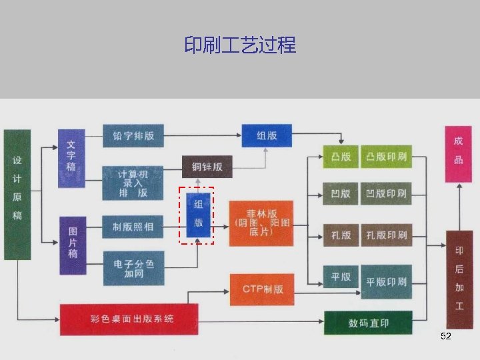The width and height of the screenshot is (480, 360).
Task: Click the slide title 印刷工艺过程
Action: coord(240,45)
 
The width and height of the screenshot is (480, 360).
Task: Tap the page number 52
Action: coord(446,337)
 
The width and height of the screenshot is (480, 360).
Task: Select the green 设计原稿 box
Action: coord(17,194)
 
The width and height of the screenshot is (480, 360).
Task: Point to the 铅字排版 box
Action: coord(133,135)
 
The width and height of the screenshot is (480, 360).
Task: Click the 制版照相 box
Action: coord(133,227)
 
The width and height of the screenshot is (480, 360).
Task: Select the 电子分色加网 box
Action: coord(133,269)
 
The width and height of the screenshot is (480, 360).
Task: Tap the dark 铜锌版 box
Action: coord(207,167)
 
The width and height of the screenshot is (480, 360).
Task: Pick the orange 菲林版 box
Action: coord(260,223)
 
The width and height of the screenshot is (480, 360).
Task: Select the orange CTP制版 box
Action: coord(262,289)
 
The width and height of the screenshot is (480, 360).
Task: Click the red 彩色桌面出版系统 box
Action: coord(129,319)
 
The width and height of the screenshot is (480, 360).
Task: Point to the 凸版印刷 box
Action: coord(386,157)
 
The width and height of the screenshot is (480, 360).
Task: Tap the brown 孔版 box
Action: coord(341,235)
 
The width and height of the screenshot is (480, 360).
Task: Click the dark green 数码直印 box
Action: coord(368,323)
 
